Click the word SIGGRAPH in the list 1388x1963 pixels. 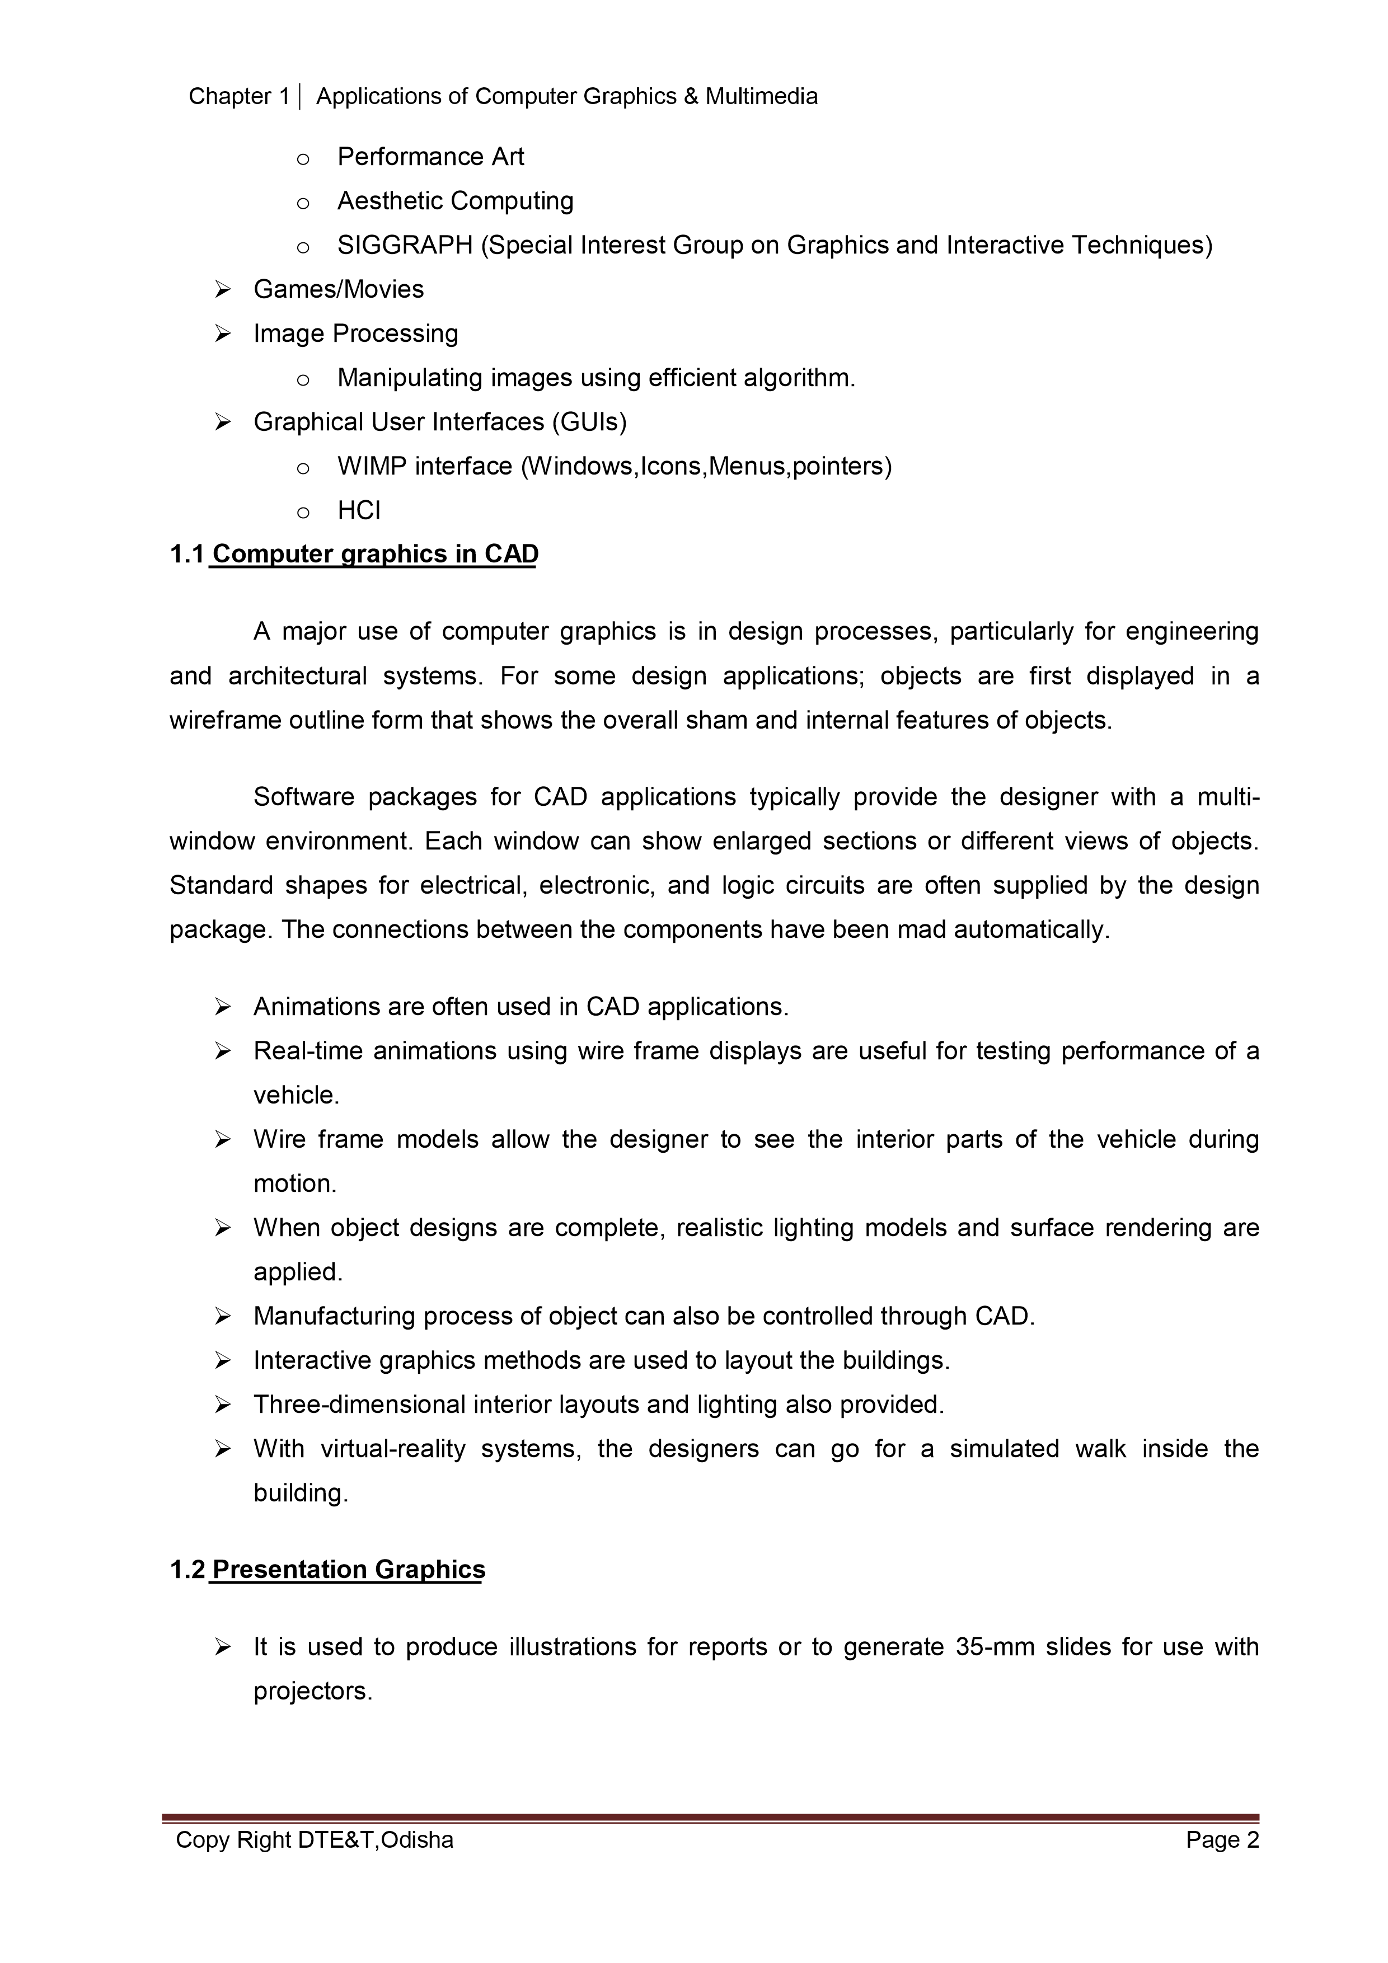tap(405, 245)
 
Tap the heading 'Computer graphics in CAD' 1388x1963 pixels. tap(374, 554)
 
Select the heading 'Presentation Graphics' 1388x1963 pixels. tap(348, 1570)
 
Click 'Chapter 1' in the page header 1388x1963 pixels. tap(238, 97)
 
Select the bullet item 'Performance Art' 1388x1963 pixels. tap(430, 157)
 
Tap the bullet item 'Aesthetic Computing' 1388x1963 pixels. tap(455, 201)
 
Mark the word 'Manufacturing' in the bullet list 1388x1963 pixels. tap(334, 1316)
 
